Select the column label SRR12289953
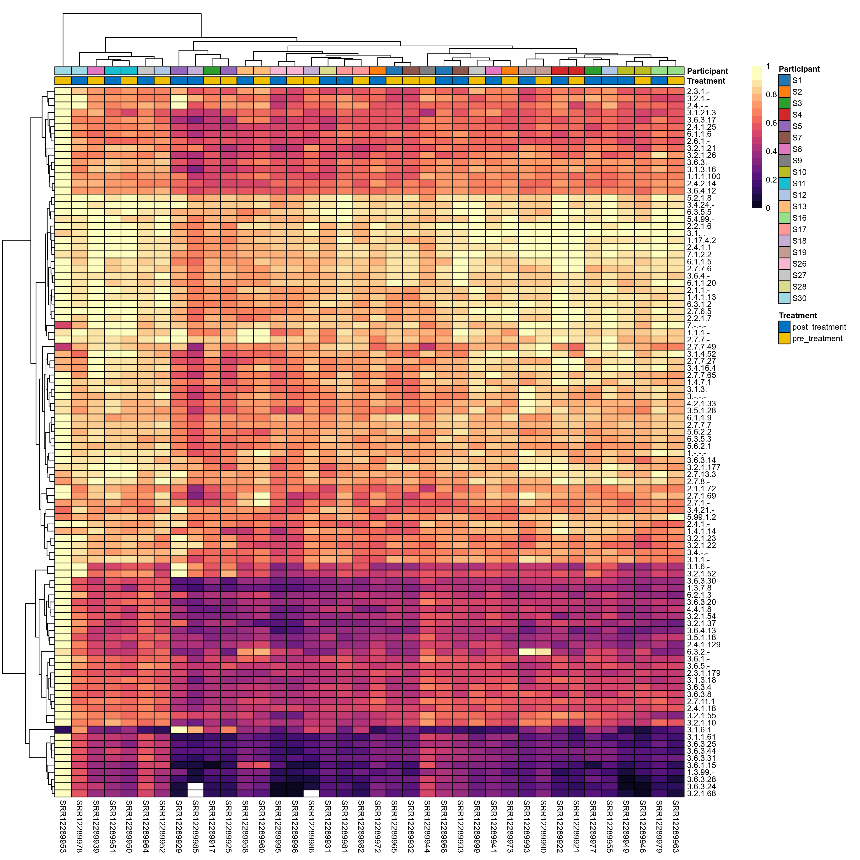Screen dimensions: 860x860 63,826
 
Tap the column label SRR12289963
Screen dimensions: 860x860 676,826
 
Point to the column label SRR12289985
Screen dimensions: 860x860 195,826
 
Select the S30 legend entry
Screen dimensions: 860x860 799,298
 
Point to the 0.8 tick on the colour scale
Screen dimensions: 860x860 771,94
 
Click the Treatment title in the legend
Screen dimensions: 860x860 798,316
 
